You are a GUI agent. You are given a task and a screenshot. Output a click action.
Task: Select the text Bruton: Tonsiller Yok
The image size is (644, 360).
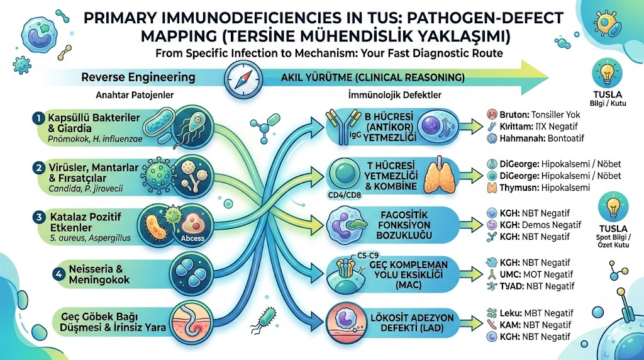click(539, 115)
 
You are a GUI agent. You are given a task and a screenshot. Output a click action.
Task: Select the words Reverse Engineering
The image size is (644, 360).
click(138, 78)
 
